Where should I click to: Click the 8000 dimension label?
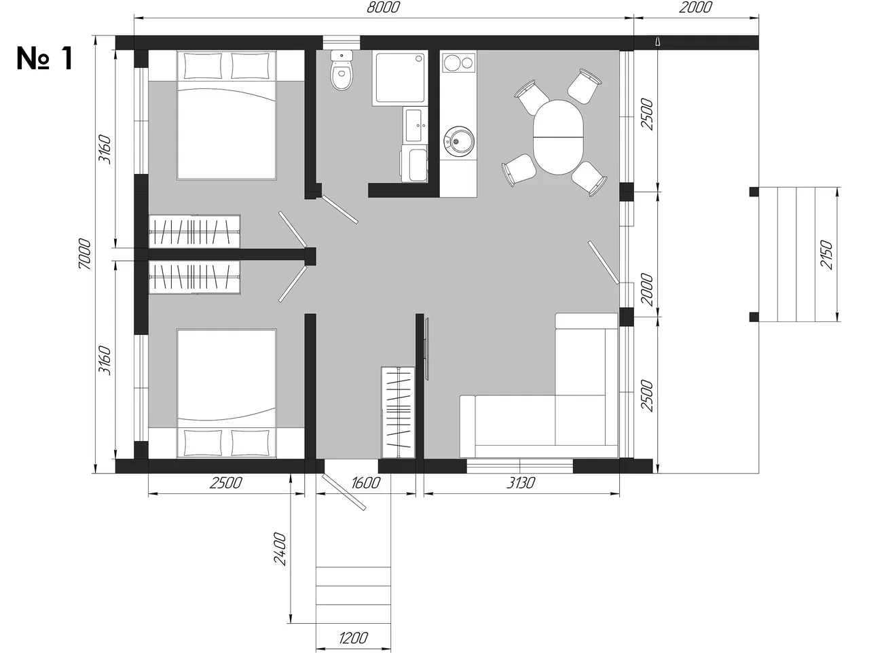point(383,7)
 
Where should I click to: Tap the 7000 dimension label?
point(85,254)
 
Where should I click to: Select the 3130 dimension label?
point(521,482)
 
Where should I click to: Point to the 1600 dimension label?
point(365,482)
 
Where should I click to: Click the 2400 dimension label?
point(280,549)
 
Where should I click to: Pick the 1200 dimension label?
point(353,637)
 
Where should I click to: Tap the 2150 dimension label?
point(827,254)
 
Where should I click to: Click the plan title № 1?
point(45,58)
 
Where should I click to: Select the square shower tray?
point(400,78)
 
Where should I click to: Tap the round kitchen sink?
point(458,141)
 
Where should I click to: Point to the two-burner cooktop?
point(459,63)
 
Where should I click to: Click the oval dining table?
point(558,137)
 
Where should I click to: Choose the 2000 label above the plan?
point(696,7)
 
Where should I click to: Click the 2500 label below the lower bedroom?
point(225,482)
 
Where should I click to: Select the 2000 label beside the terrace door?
point(646,289)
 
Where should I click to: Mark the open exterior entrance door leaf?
point(344,492)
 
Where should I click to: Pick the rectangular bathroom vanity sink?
point(415,125)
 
